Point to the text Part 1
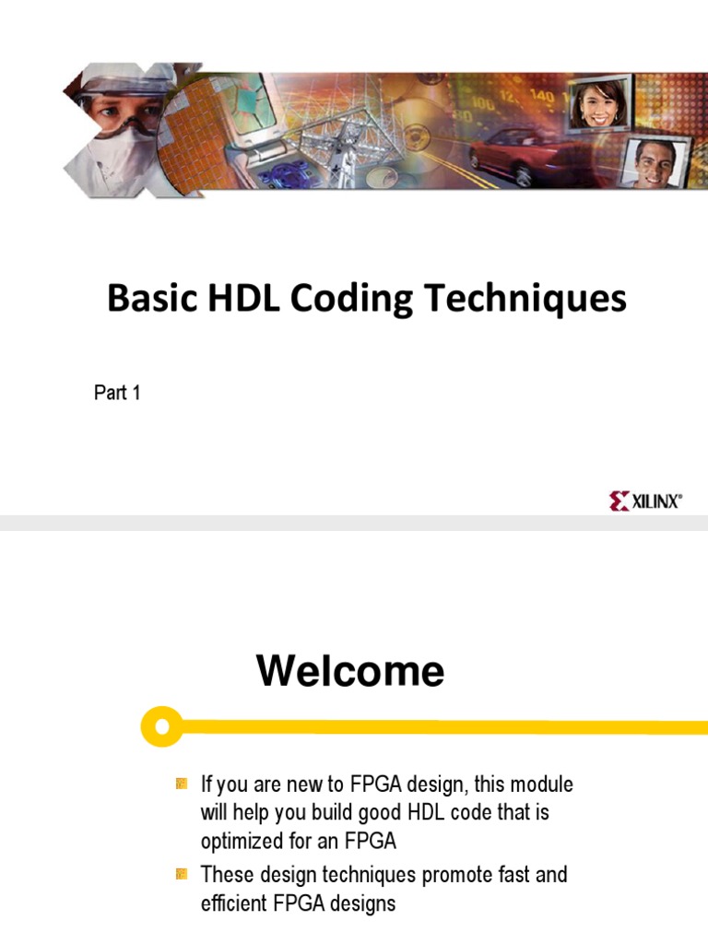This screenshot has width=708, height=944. click(x=117, y=394)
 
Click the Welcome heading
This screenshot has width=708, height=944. click(x=350, y=671)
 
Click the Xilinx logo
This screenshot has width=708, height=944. click(x=645, y=501)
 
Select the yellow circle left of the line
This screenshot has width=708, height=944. click(x=162, y=726)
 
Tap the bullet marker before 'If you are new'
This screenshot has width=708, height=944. click(x=182, y=785)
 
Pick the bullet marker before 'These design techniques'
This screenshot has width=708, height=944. click(x=182, y=874)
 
